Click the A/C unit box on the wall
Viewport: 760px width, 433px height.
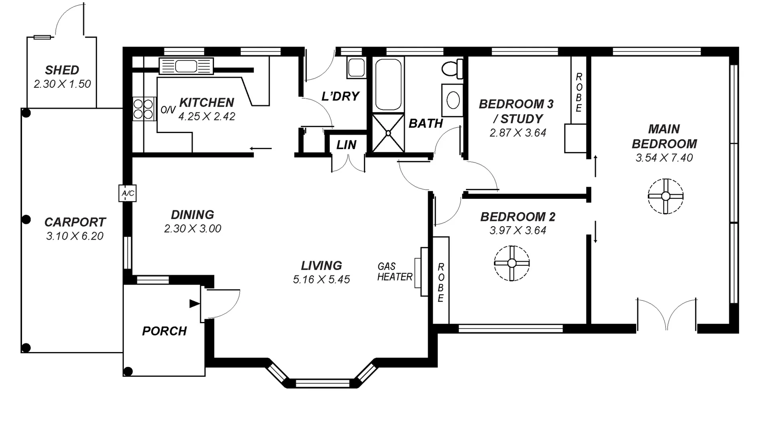(127, 193)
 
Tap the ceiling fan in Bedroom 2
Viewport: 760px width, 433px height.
(512, 263)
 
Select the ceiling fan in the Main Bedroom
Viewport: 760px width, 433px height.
(665, 196)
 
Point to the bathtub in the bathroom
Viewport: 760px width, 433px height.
(388, 84)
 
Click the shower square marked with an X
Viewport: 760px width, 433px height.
(388, 133)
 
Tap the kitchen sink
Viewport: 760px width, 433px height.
(186, 66)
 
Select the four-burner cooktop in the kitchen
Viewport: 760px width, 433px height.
(144, 109)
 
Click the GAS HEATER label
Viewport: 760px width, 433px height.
(394, 272)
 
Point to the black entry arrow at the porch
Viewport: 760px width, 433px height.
(194, 304)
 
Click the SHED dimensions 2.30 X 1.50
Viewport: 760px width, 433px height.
(62, 84)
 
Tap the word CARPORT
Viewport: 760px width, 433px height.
(75, 222)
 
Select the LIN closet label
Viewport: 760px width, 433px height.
(346, 145)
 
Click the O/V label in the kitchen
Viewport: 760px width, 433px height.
(168, 110)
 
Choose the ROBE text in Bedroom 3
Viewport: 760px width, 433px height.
(579, 92)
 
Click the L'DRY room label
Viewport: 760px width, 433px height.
(340, 96)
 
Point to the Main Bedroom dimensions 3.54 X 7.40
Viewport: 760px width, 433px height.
(664, 158)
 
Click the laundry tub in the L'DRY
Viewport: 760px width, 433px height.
(356, 67)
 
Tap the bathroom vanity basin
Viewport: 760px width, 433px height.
(453, 100)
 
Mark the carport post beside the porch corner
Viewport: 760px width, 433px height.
(128, 371)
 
